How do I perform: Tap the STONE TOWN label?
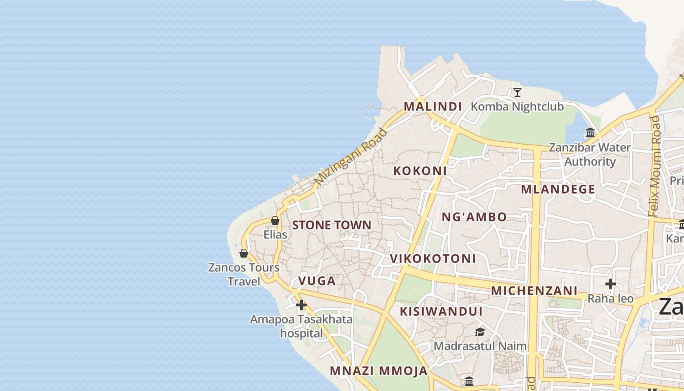pos(332,225)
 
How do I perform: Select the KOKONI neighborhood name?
pos(420,171)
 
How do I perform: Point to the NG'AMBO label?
pos(474,217)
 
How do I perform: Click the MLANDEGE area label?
pos(558,189)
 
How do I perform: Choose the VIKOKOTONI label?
pos(432,259)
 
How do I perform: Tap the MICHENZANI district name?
pos(534,291)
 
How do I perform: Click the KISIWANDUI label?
pos(441,311)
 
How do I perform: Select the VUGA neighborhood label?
pos(317,281)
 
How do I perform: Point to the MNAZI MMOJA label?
pos(379,371)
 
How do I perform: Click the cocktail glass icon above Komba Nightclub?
pos(517,92)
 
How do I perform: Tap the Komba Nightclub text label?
pos(517,107)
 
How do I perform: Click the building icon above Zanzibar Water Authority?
pos(590,132)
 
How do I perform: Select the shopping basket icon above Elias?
pos(275,220)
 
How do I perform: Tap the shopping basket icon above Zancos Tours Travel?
pos(244,253)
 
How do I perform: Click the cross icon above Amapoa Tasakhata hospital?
pos(301,305)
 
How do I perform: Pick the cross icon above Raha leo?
pos(610,284)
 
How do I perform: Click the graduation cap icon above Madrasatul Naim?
pos(480,332)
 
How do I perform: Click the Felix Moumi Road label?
pos(655,166)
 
